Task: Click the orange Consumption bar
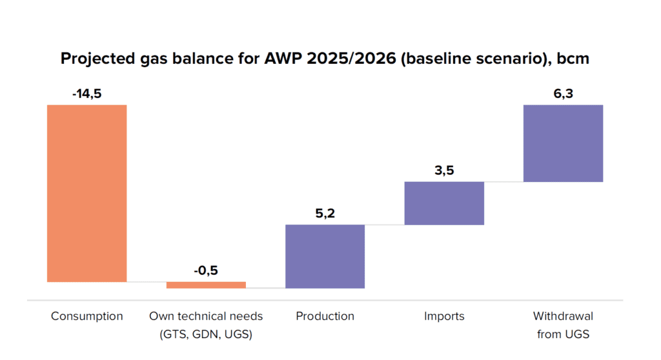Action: coord(87,193)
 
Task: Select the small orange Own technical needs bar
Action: coord(206,285)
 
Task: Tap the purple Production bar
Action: coord(325,256)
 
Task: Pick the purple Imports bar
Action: coord(444,203)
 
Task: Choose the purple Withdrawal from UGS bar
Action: coord(563,143)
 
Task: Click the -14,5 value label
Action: coord(87,94)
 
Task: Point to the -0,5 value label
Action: coord(206,270)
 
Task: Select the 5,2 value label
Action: coord(325,213)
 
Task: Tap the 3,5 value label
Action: coord(444,170)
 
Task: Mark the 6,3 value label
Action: coord(563,94)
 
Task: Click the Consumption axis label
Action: coord(87,316)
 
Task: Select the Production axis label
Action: coord(325,316)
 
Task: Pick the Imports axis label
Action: coord(444,316)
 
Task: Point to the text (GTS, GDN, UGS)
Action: coord(206,334)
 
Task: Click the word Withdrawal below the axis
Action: coord(563,316)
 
